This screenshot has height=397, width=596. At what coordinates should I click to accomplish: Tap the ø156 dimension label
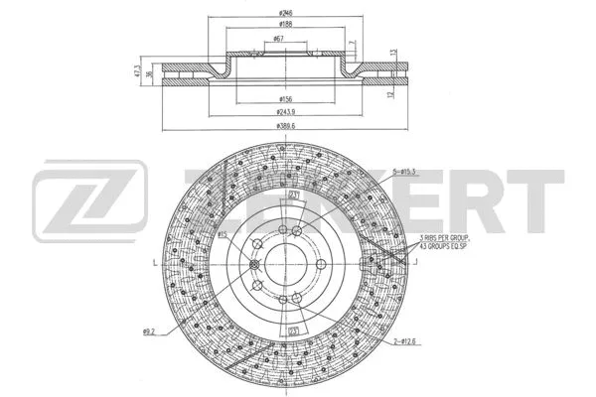(284, 99)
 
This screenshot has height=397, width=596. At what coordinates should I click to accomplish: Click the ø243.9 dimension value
(284, 112)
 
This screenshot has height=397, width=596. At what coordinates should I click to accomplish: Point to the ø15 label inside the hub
(223, 233)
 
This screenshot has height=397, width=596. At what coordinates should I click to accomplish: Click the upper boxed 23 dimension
(293, 196)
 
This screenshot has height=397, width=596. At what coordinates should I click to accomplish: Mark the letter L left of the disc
(153, 263)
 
